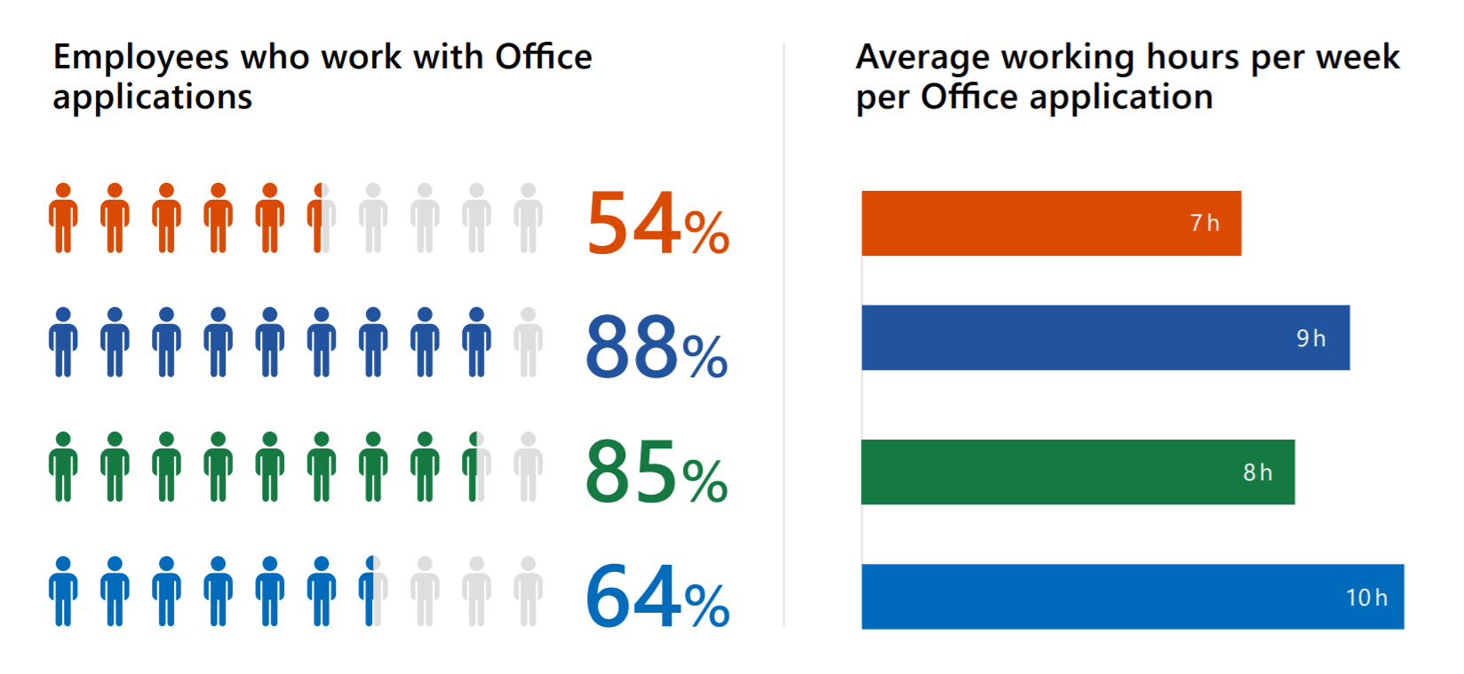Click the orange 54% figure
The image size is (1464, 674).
(657, 224)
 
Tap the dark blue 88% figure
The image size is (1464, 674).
(656, 347)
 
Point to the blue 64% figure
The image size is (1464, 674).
(657, 597)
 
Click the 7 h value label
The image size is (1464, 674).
(1205, 223)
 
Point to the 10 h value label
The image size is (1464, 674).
(1366, 598)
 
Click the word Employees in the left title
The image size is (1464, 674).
(141, 59)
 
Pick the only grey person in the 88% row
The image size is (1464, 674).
(529, 342)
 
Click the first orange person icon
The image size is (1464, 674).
(63, 218)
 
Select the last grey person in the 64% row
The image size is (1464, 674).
(529, 591)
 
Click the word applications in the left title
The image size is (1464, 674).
(152, 98)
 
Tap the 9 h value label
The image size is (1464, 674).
(1310, 338)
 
